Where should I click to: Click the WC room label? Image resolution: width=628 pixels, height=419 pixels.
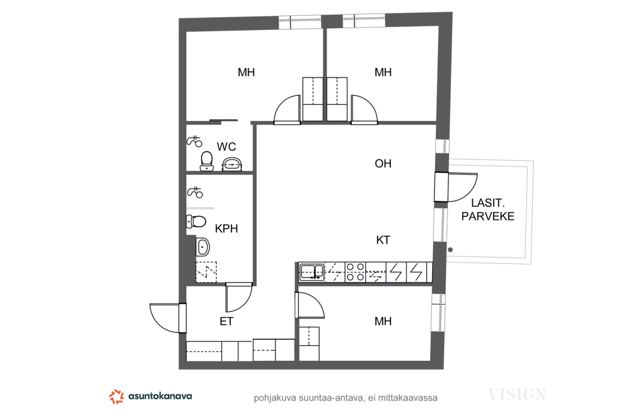[226, 147]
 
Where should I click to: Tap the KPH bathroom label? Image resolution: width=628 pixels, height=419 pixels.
[226, 229]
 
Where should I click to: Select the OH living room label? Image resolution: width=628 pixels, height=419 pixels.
[383, 163]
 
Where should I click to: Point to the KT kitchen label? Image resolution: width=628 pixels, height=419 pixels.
[383, 240]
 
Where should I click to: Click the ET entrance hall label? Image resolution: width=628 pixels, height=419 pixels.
[226, 322]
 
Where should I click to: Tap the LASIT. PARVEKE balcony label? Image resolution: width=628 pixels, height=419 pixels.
[488, 210]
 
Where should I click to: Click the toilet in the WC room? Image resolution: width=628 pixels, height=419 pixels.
[207, 161]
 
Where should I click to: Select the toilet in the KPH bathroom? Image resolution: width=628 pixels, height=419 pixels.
[196, 222]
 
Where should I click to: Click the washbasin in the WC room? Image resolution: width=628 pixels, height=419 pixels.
[232, 164]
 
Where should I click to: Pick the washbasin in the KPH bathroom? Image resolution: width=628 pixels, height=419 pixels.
[203, 247]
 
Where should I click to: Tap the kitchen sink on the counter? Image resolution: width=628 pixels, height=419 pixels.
[312, 272]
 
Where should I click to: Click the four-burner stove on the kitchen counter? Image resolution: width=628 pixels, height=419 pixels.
[355, 272]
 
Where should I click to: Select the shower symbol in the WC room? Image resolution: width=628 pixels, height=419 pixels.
[194, 141]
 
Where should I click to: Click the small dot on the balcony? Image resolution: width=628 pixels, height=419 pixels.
[450, 250]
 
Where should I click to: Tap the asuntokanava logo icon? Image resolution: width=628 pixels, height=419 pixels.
[116, 396]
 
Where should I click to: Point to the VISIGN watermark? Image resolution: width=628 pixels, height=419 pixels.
[517, 394]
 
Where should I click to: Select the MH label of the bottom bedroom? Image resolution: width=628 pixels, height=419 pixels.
[383, 322]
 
